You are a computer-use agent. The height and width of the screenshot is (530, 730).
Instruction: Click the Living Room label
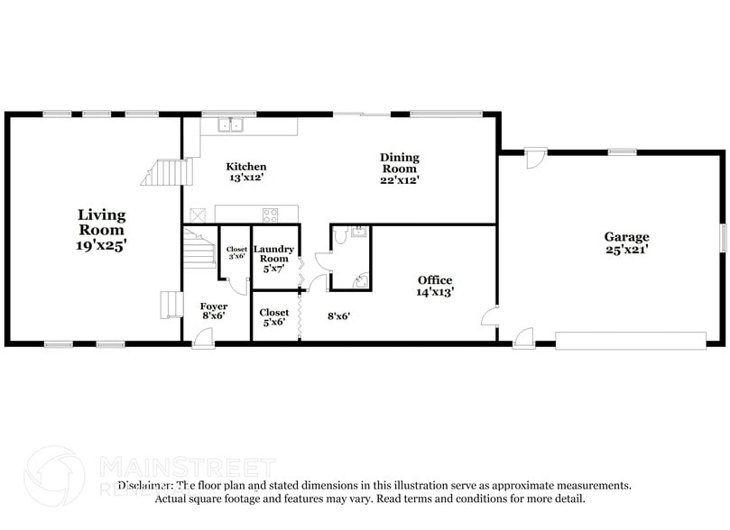click(x=101, y=229)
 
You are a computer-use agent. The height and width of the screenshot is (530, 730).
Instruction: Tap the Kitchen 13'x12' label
click(x=246, y=172)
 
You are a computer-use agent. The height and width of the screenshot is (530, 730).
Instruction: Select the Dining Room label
click(x=400, y=169)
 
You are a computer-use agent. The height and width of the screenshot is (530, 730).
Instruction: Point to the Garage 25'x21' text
click(x=626, y=243)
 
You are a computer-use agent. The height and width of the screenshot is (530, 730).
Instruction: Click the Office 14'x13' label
click(x=435, y=286)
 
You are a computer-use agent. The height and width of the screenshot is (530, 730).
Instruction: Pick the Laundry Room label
click(x=274, y=259)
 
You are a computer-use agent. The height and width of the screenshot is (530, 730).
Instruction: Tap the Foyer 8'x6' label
click(x=214, y=312)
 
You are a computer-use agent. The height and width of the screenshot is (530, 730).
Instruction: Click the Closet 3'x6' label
click(x=236, y=253)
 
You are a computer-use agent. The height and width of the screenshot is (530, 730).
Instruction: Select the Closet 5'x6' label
click(x=273, y=317)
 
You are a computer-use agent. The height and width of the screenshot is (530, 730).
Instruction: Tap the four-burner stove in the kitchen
click(x=270, y=215)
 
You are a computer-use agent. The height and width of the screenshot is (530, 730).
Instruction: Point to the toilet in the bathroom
click(x=340, y=237)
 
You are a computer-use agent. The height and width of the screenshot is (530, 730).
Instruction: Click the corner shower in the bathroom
click(x=360, y=280)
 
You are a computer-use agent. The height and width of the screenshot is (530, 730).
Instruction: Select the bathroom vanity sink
click(x=357, y=232)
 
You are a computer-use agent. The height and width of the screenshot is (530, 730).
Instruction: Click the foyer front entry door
click(x=203, y=339)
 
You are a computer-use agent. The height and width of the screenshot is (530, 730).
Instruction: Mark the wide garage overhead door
click(x=630, y=341)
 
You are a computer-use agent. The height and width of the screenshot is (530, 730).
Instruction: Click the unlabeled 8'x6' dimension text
click(x=338, y=316)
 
